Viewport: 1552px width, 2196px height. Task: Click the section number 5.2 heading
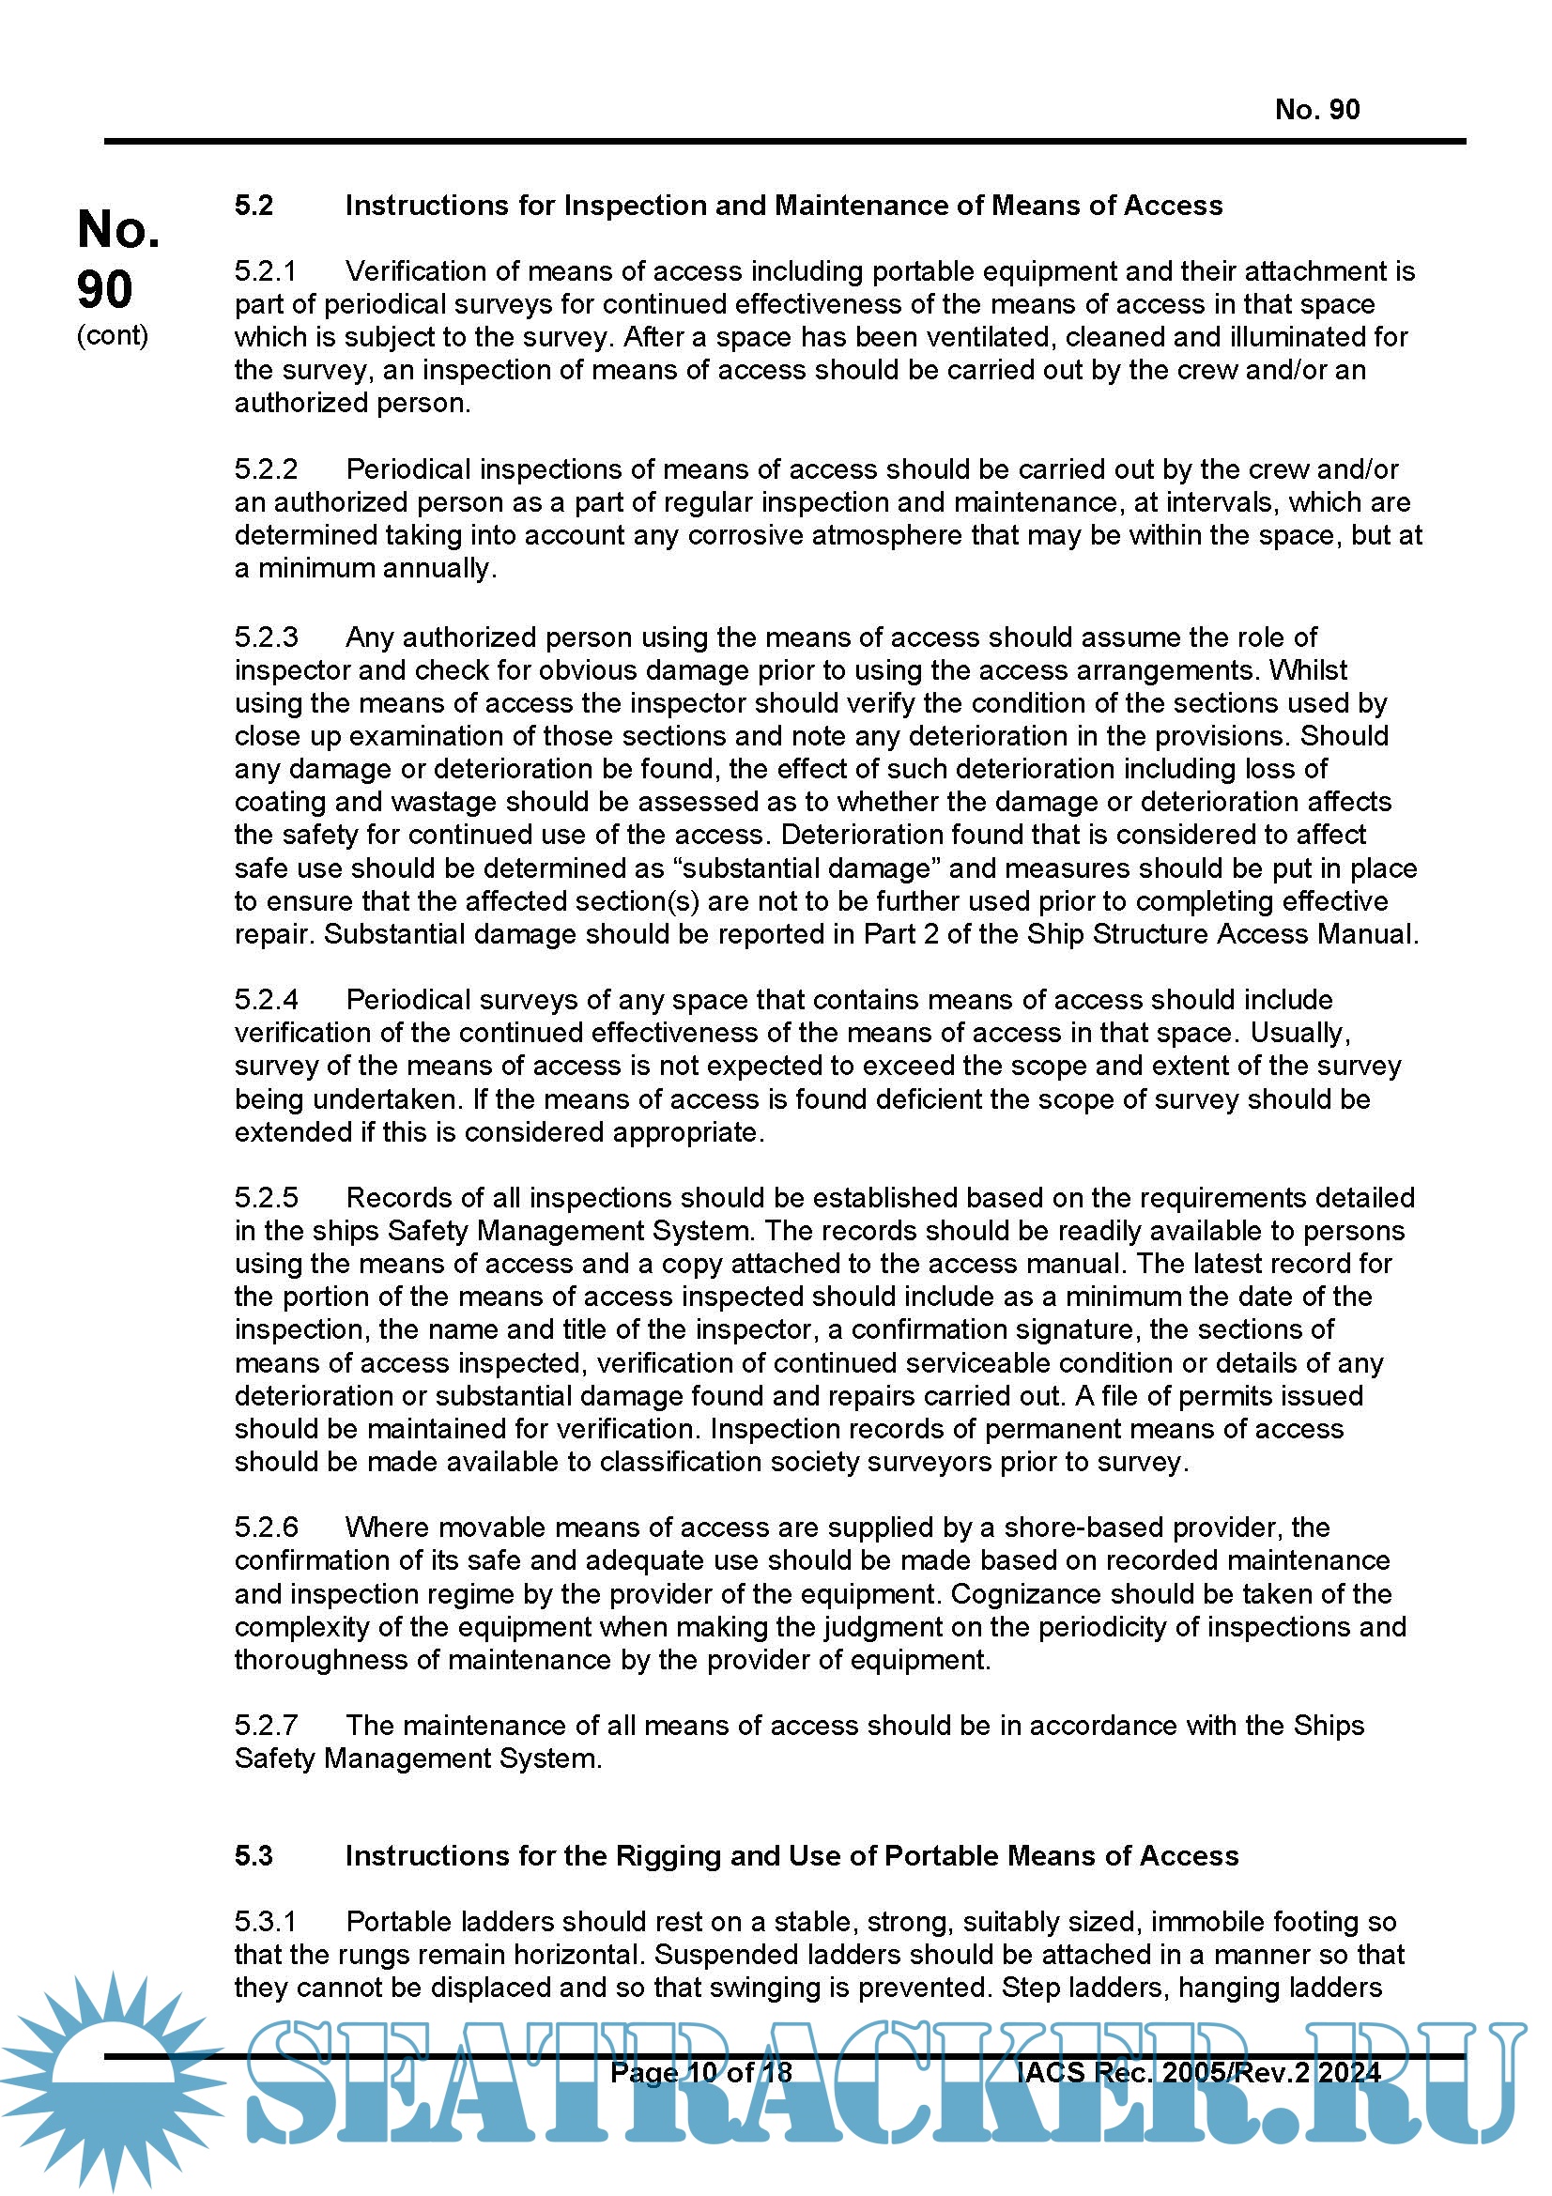254,206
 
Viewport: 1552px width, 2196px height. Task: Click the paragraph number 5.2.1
266,271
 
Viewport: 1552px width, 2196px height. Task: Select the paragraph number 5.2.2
266,469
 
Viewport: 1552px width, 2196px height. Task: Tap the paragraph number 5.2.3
266,637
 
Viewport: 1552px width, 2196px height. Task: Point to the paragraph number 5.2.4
266,1000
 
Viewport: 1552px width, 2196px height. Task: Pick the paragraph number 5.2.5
266,1197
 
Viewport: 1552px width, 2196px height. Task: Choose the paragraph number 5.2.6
266,1528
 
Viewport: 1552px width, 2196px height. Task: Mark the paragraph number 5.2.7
266,1726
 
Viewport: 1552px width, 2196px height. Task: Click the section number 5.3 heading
254,1856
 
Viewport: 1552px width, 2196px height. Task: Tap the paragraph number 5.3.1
266,1923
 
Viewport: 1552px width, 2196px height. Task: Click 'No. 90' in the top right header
1316,110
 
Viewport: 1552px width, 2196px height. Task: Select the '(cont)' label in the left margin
113,336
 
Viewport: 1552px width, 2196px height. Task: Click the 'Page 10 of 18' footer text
701,2073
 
